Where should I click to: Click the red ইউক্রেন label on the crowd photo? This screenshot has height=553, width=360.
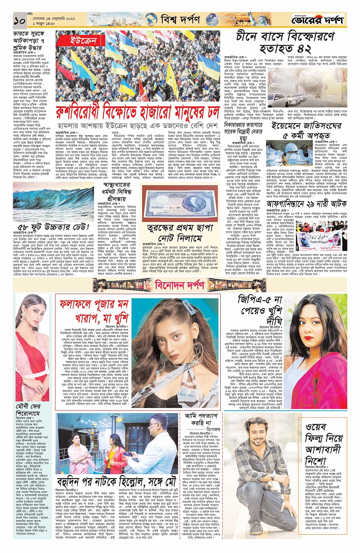point(83,41)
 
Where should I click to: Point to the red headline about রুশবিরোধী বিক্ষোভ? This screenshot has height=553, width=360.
point(138,112)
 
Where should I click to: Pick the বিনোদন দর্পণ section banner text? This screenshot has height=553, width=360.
point(179,284)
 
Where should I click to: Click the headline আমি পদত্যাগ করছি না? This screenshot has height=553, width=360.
point(201,419)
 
